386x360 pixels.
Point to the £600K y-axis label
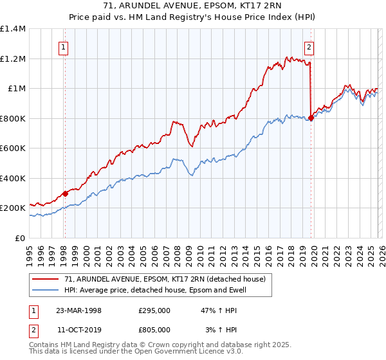pos(12,148)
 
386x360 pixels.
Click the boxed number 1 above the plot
pos(64,46)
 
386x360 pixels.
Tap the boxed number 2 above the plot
pos(309,46)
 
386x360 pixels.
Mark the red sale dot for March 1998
pos(65,194)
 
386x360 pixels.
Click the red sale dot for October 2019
pos(311,118)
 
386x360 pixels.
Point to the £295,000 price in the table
pos(154,310)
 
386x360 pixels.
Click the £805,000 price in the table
pos(154,329)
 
